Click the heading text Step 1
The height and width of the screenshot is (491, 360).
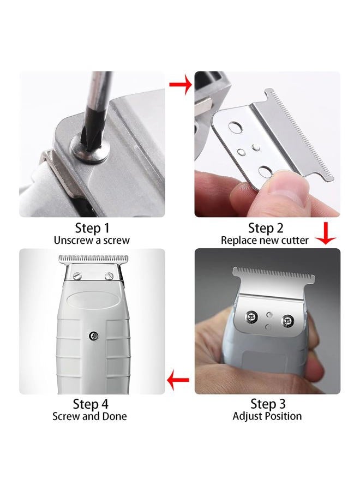(x=92, y=228)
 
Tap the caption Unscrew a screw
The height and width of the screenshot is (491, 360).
(x=92, y=241)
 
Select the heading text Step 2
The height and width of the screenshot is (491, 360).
(x=266, y=228)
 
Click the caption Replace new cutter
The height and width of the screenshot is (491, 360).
(x=265, y=241)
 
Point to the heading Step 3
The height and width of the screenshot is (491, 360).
(x=268, y=404)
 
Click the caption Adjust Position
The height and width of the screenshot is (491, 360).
(x=267, y=416)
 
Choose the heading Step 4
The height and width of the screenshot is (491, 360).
(x=91, y=404)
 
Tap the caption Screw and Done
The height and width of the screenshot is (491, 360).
(x=89, y=416)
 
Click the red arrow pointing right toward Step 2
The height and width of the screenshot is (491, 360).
(x=181, y=84)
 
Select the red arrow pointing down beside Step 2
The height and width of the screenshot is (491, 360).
(x=326, y=233)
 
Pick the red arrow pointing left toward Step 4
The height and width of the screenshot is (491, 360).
(x=178, y=380)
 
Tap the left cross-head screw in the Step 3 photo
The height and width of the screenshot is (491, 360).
(x=251, y=317)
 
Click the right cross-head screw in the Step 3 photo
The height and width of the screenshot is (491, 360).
(x=287, y=320)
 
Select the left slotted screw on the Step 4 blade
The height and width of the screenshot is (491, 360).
(x=77, y=276)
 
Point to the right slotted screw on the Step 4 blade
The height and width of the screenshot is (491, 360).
(x=109, y=276)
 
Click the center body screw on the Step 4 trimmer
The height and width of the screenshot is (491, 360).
(x=93, y=336)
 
